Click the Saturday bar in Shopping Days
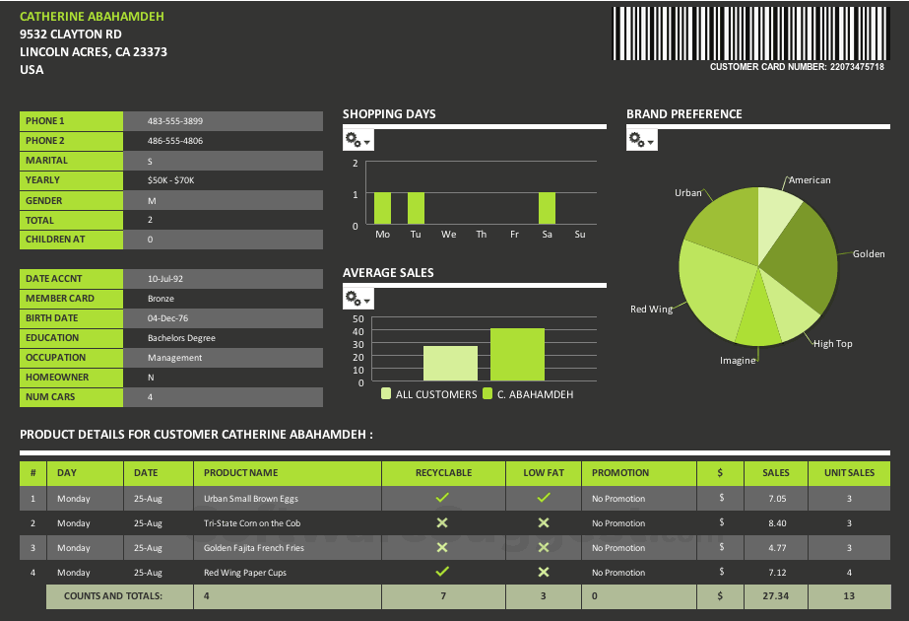[x=547, y=208]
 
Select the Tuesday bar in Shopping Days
[x=416, y=208]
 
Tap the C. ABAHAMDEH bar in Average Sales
[x=517, y=355]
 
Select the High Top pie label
[x=832, y=344]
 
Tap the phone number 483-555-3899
[x=175, y=121]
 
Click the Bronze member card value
[x=161, y=299]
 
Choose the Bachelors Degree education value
[x=181, y=338]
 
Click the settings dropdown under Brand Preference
[x=641, y=141]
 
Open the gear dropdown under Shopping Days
[x=357, y=141]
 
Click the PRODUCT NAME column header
[x=240, y=473]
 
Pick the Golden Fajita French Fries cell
[x=254, y=548]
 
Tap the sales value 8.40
[x=776, y=523]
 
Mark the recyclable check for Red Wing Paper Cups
[x=442, y=572]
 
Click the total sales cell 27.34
[x=776, y=596]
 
